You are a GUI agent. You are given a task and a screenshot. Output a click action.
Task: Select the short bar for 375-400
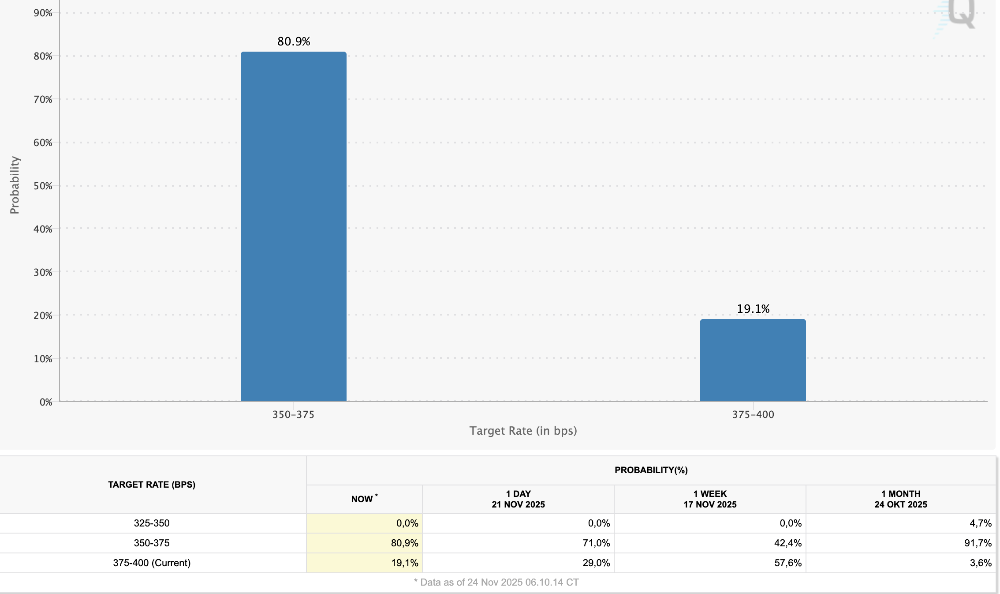pyautogui.click(x=753, y=360)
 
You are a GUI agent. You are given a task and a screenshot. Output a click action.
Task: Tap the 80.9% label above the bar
pyautogui.click(x=294, y=41)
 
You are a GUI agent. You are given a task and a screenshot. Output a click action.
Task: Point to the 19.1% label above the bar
pyautogui.click(x=753, y=309)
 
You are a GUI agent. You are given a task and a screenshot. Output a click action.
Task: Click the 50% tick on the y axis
pyautogui.click(x=43, y=186)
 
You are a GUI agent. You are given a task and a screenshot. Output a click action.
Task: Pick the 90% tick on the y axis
pyautogui.click(x=43, y=13)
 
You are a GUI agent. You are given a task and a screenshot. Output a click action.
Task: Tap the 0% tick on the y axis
pyautogui.click(x=46, y=402)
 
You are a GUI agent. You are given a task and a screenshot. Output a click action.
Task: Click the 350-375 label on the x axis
pyautogui.click(x=293, y=414)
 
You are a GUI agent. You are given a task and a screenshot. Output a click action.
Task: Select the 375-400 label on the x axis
pyautogui.click(x=753, y=414)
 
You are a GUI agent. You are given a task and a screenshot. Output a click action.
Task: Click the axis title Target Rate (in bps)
pyautogui.click(x=523, y=431)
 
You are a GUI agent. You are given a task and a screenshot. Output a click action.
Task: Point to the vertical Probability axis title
pyautogui.click(x=15, y=185)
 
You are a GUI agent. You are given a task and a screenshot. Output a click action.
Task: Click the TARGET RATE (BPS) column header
pyautogui.click(x=152, y=485)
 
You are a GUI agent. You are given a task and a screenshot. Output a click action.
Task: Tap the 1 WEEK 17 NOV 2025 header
pyautogui.click(x=710, y=499)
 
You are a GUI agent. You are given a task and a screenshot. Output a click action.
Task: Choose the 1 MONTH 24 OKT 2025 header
pyautogui.click(x=901, y=499)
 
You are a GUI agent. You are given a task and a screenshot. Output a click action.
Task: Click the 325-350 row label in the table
pyautogui.click(x=152, y=523)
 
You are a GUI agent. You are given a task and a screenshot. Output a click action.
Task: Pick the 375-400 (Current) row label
pyautogui.click(x=152, y=563)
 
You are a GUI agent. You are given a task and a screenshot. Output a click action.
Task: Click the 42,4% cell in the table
pyautogui.click(x=787, y=543)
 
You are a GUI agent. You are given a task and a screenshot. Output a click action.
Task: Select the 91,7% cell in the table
pyautogui.click(x=978, y=543)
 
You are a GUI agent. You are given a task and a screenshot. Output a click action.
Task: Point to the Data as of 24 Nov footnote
pyautogui.click(x=496, y=583)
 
